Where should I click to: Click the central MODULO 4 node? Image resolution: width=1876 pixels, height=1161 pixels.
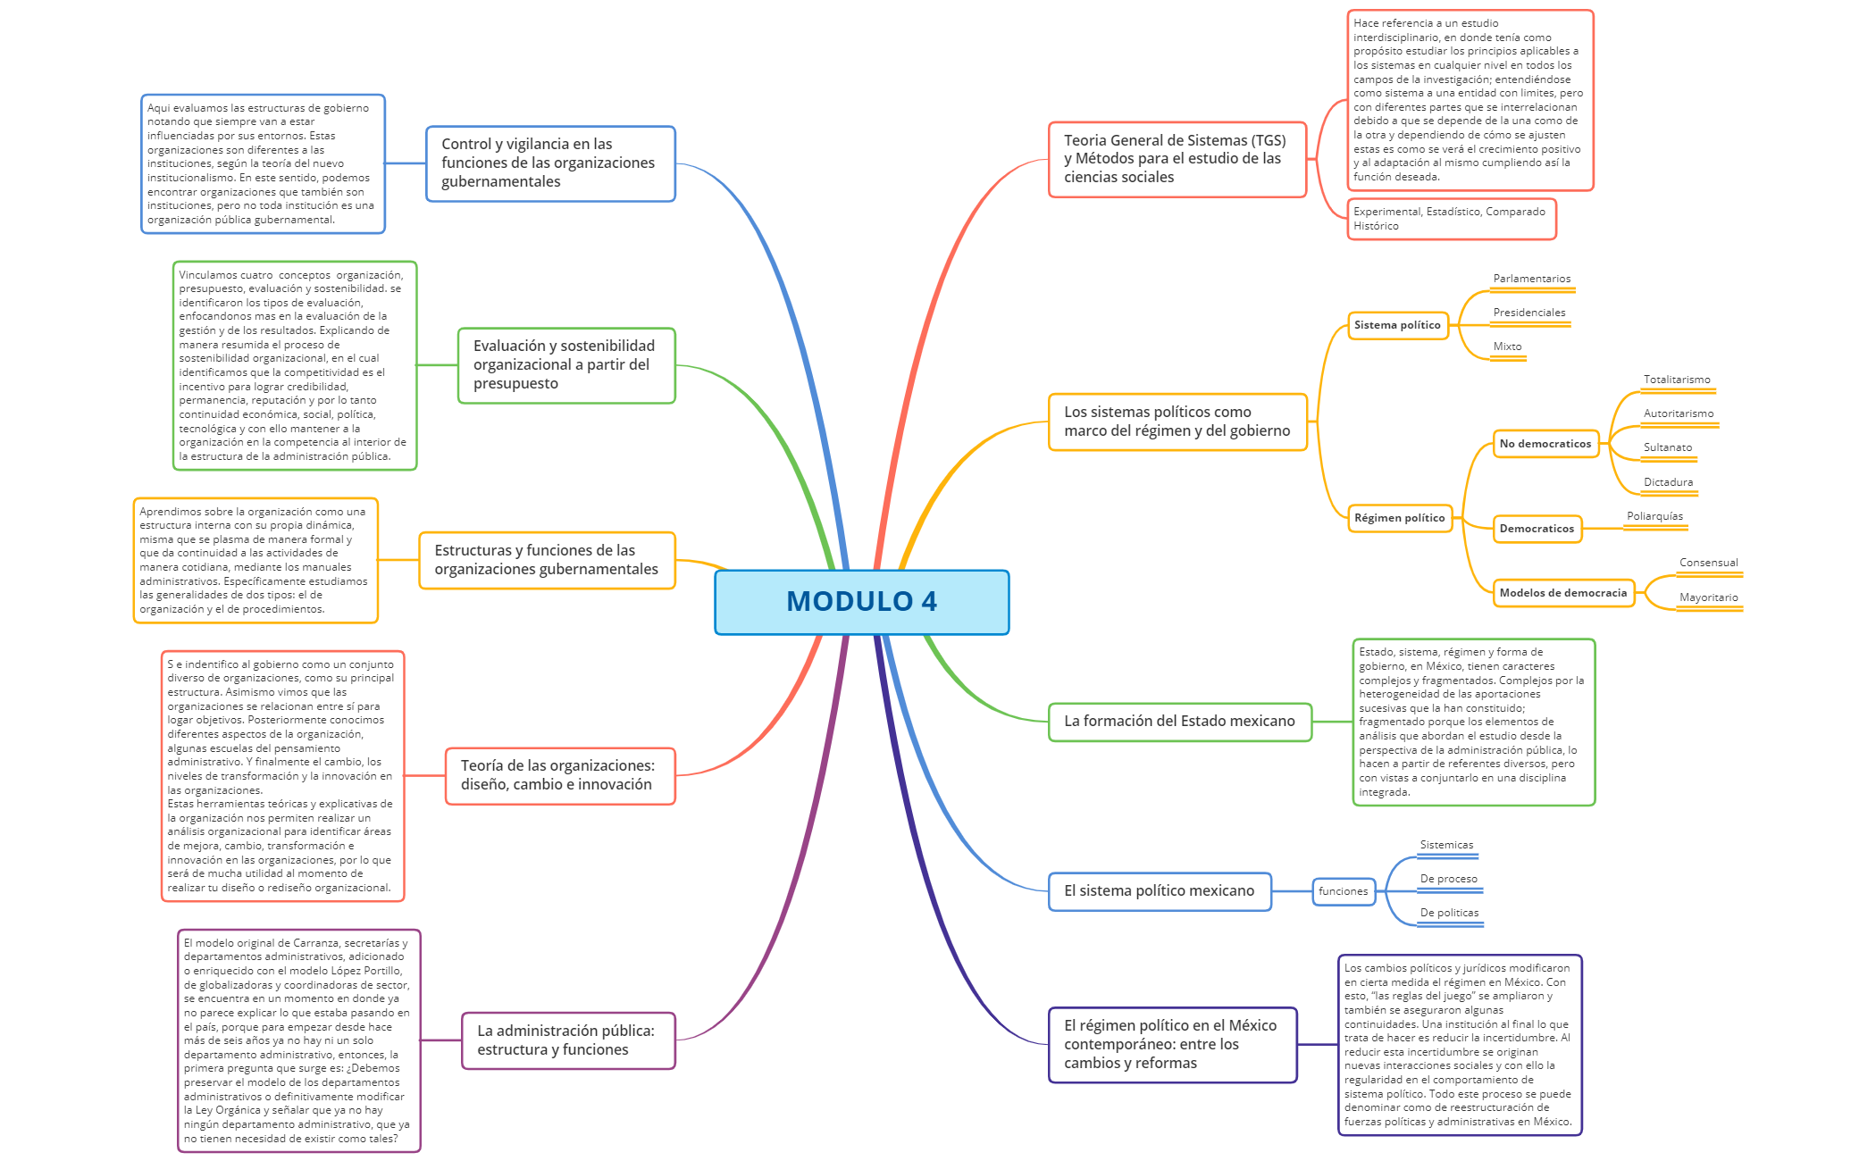click(x=861, y=602)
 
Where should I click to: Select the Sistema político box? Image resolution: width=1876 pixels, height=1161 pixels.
click(x=1397, y=325)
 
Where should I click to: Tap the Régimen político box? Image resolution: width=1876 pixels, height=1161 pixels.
click(x=1399, y=518)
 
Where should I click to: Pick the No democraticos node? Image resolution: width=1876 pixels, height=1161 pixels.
click(x=1545, y=444)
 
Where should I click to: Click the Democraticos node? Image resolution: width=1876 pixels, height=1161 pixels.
click(x=1537, y=529)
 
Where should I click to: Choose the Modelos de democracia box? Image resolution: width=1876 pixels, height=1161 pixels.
click(x=1562, y=593)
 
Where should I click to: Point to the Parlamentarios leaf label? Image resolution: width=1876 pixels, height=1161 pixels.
click(x=1531, y=279)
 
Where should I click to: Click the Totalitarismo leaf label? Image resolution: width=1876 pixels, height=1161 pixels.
click(x=1677, y=380)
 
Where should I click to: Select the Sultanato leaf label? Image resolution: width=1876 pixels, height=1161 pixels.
click(x=1667, y=447)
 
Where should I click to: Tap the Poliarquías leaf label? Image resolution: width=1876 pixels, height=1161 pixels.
click(x=1654, y=516)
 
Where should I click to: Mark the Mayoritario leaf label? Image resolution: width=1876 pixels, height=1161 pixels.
click(x=1708, y=597)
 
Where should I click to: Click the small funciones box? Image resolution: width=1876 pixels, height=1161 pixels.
click(x=1343, y=891)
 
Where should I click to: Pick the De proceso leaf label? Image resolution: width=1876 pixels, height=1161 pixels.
click(x=1448, y=879)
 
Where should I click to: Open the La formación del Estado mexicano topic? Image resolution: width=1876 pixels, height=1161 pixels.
click(x=1179, y=722)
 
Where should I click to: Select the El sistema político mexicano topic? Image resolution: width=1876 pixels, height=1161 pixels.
click(x=1159, y=891)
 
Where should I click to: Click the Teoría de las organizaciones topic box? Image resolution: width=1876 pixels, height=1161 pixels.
click(x=559, y=775)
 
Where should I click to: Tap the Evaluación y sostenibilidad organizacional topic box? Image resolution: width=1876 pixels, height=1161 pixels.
click(x=565, y=365)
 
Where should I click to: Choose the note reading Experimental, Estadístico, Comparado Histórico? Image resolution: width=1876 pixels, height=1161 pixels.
click(x=1451, y=219)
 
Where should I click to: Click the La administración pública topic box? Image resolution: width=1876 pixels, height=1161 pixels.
click(x=567, y=1040)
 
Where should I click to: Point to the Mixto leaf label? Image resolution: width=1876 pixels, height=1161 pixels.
click(x=1507, y=347)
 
